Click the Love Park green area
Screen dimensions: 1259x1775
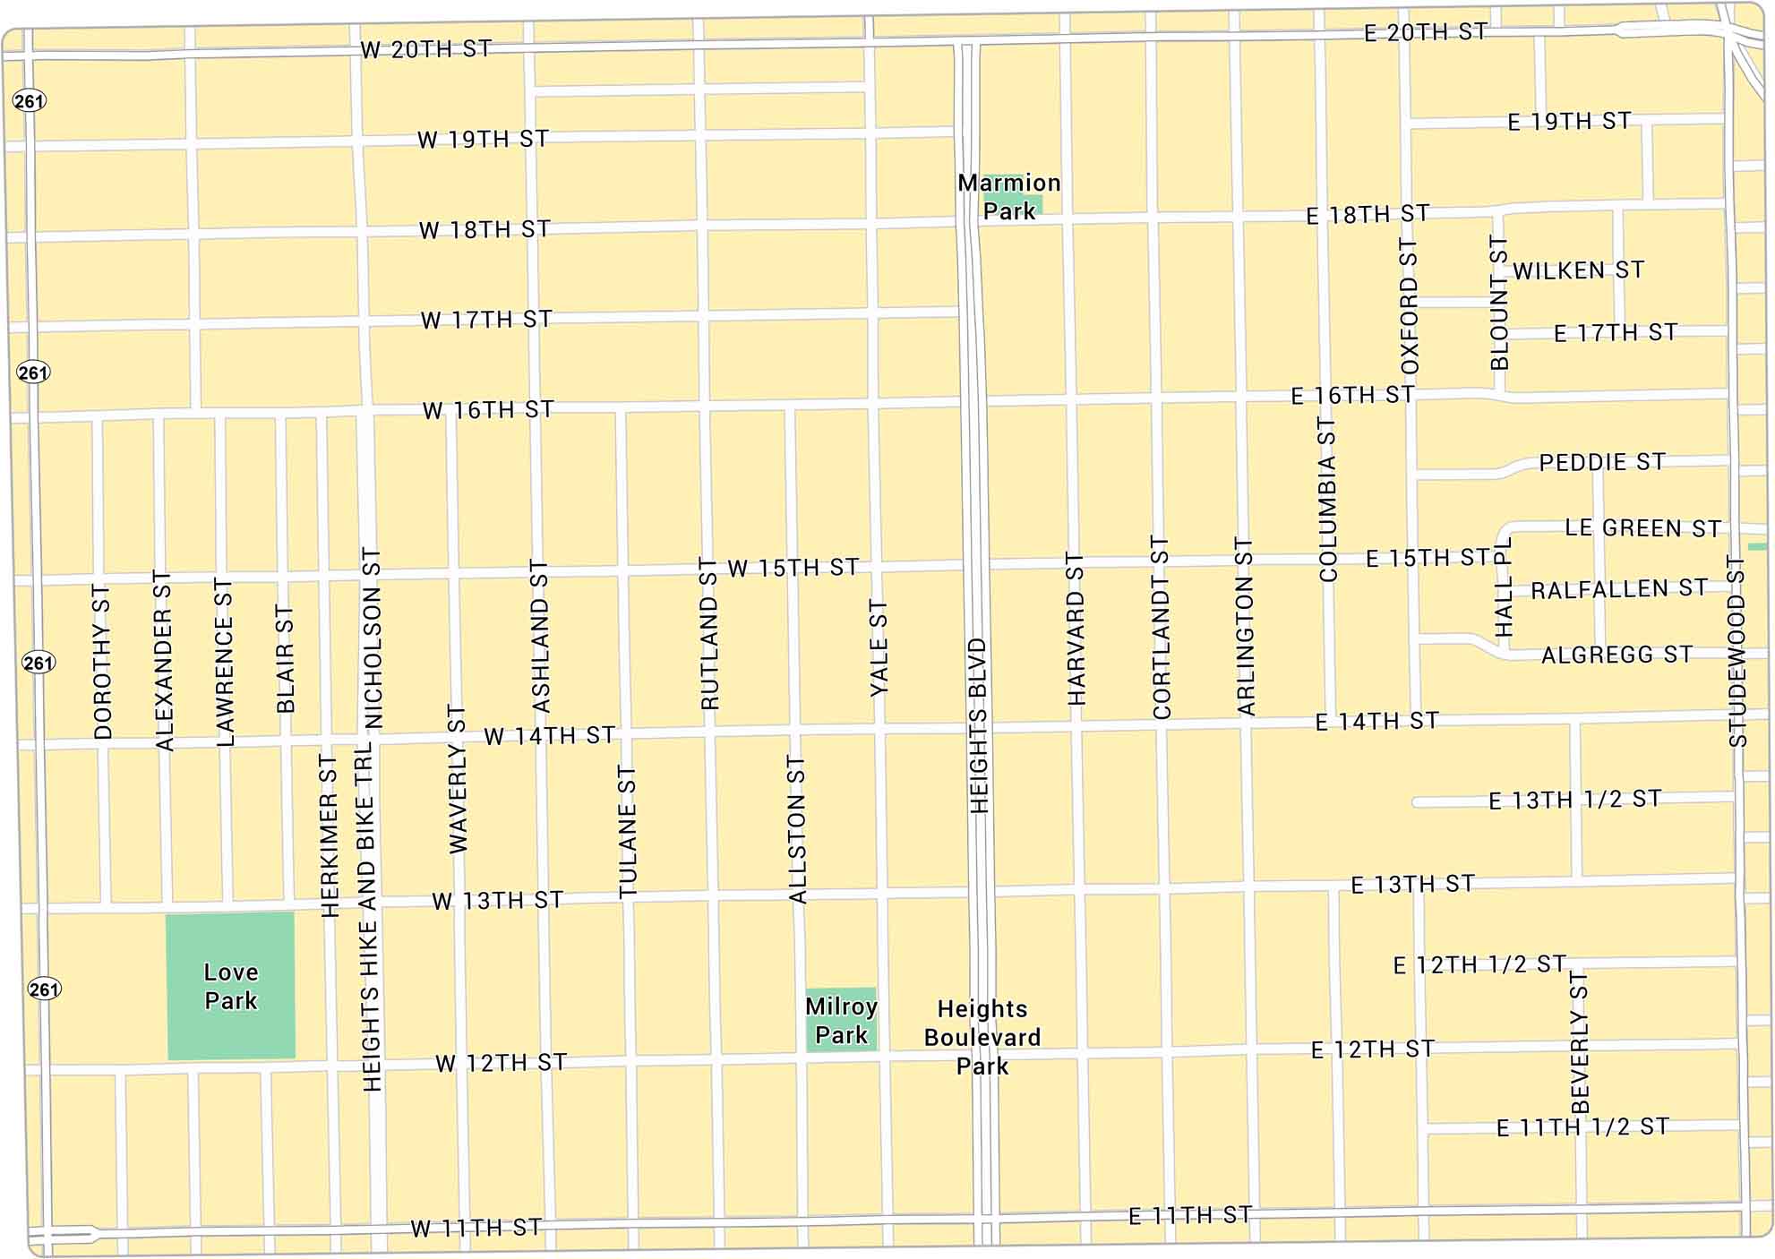click(x=230, y=986)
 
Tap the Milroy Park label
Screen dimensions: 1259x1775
click(x=841, y=1020)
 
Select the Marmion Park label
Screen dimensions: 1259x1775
click(x=1008, y=196)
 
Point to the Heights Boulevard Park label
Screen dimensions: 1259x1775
click(x=982, y=1037)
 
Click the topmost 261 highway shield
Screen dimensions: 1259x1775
click(x=29, y=101)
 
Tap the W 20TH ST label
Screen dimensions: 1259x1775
click(x=426, y=49)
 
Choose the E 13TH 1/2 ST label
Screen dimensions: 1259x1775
click(x=1574, y=800)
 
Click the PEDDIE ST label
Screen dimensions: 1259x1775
click(x=1602, y=462)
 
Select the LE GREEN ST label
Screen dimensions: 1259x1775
click(x=1642, y=528)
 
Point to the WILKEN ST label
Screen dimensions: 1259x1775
click(x=1578, y=270)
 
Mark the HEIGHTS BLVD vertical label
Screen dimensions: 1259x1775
click(x=979, y=725)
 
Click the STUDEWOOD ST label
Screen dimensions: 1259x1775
click(x=1736, y=651)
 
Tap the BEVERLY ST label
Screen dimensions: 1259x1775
click(x=1580, y=1041)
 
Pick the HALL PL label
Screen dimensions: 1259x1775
click(x=1504, y=587)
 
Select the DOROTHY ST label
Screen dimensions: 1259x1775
click(x=103, y=662)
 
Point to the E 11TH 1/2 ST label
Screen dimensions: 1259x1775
click(x=1582, y=1127)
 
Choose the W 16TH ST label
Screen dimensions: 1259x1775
click(x=488, y=410)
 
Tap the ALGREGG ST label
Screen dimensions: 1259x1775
click(x=1616, y=655)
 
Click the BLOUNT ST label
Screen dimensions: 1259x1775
click(x=1499, y=303)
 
